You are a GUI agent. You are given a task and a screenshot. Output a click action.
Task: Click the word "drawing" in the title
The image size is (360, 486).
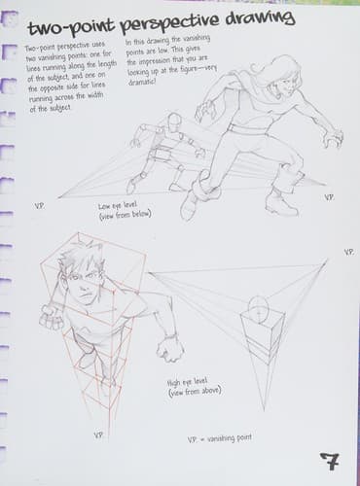click(260, 18)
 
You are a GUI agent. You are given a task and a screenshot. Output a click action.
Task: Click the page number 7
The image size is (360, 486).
click(330, 461)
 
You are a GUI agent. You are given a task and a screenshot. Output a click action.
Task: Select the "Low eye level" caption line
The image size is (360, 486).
click(118, 206)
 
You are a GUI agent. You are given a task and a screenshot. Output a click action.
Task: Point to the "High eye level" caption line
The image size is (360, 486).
click(187, 382)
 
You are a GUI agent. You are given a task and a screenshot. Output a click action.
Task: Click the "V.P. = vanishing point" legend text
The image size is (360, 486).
click(220, 438)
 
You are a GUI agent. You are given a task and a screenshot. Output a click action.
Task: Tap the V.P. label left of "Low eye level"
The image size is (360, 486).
click(39, 206)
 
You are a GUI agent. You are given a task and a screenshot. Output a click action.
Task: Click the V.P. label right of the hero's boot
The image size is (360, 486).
click(329, 197)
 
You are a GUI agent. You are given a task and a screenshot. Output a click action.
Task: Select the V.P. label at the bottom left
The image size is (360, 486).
click(98, 435)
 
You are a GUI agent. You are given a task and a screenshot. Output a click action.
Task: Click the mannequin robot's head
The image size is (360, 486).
click(175, 121)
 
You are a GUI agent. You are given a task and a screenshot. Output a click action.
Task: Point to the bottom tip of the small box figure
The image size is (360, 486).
click(265, 411)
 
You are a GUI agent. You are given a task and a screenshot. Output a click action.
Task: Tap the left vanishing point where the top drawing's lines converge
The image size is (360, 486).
click(59, 197)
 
